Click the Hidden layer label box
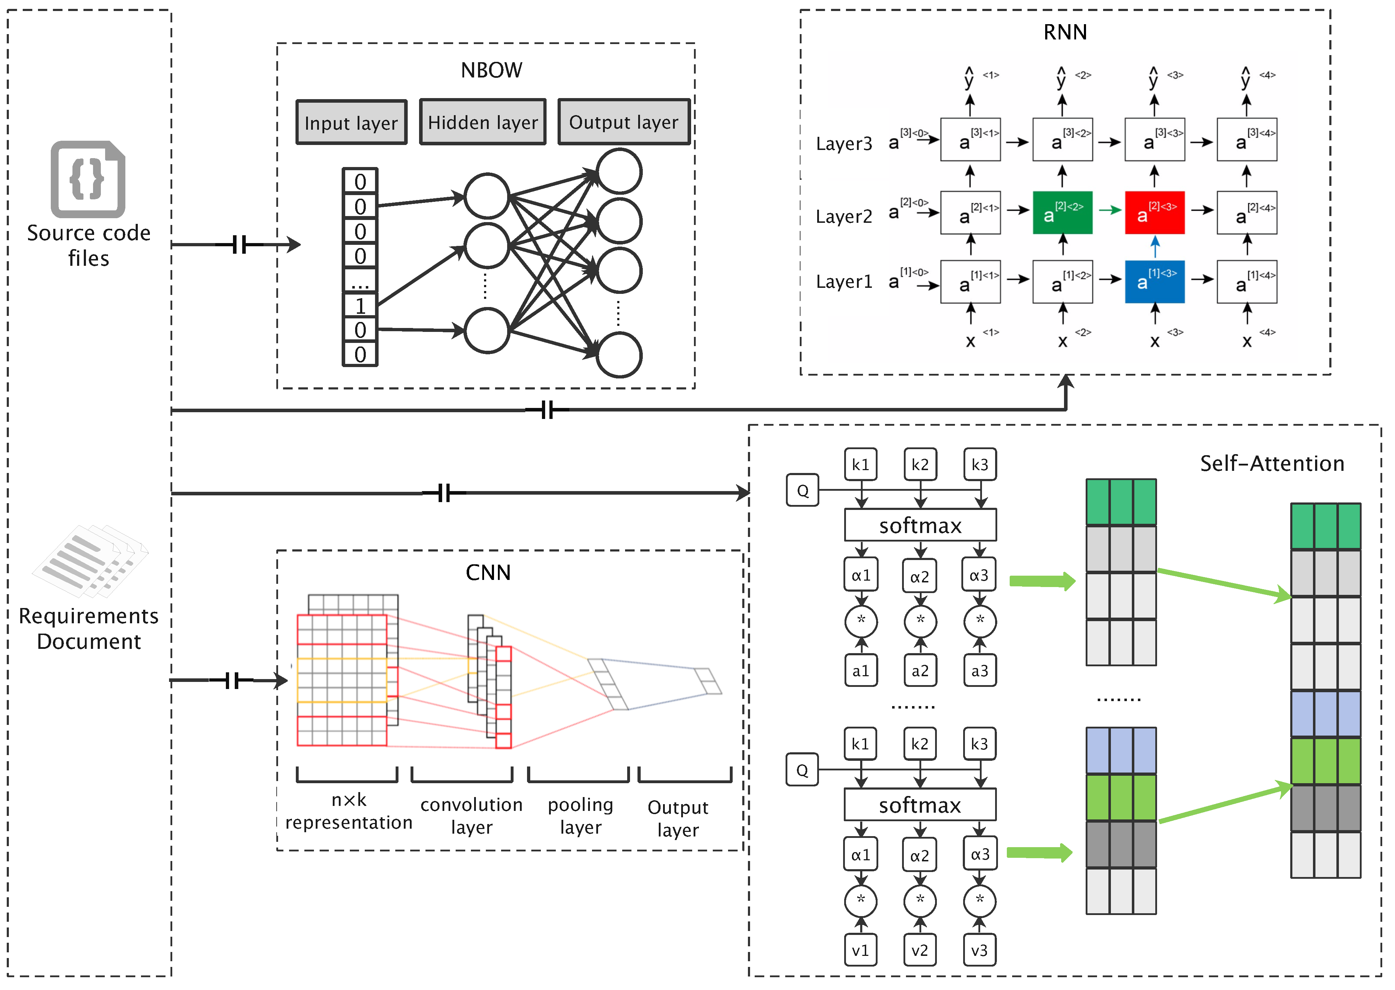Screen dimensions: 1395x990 click(x=483, y=122)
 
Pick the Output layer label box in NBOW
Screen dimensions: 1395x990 click(x=624, y=122)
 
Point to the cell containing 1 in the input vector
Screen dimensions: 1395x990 click(x=360, y=305)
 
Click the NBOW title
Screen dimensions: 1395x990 click(x=491, y=70)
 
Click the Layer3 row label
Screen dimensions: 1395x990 click(x=844, y=144)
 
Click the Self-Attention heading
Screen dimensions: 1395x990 click(x=1272, y=463)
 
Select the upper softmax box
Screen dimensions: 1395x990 click(x=920, y=525)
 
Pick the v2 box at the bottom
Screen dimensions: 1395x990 click(x=920, y=950)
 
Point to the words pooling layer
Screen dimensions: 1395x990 click(x=580, y=816)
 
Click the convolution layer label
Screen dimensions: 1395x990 click(x=472, y=816)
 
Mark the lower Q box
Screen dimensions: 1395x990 click(x=802, y=770)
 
